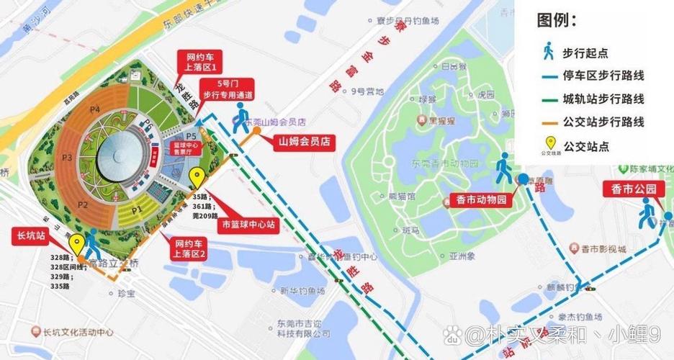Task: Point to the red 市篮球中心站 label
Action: pos(249,224)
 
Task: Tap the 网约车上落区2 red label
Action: pos(189,249)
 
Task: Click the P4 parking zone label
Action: pos(94,110)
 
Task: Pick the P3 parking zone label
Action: pos(67,157)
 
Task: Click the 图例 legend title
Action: pos(557,20)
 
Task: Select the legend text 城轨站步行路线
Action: pos(603,99)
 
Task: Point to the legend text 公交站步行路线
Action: pos(603,122)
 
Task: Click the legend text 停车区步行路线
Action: pos(603,76)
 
